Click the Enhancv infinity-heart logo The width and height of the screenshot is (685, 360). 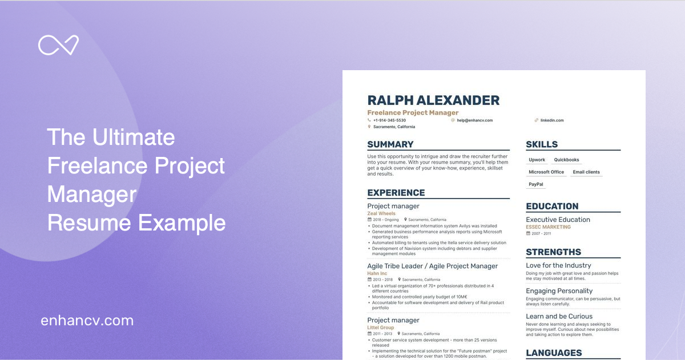(x=58, y=45)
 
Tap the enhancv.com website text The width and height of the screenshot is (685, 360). (x=87, y=321)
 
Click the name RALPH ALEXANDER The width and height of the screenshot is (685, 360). (x=433, y=100)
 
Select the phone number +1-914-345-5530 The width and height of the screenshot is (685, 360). (x=389, y=120)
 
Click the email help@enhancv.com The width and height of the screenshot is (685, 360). (x=474, y=120)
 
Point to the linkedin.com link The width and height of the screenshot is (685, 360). (x=551, y=120)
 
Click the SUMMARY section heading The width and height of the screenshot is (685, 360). (x=390, y=144)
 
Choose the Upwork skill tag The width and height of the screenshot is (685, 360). (x=537, y=160)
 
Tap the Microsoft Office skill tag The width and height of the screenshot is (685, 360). (x=546, y=172)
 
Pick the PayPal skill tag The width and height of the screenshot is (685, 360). (x=536, y=184)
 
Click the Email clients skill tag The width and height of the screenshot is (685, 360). (x=586, y=172)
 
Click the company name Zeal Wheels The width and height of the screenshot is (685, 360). (x=381, y=213)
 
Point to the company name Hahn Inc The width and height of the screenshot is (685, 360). (x=377, y=273)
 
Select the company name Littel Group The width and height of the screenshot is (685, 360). (x=381, y=327)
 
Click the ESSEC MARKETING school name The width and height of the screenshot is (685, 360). (x=548, y=227)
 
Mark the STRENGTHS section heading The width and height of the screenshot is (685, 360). (x=553, y=252)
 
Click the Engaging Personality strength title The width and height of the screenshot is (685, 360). (x=559, y=291)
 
